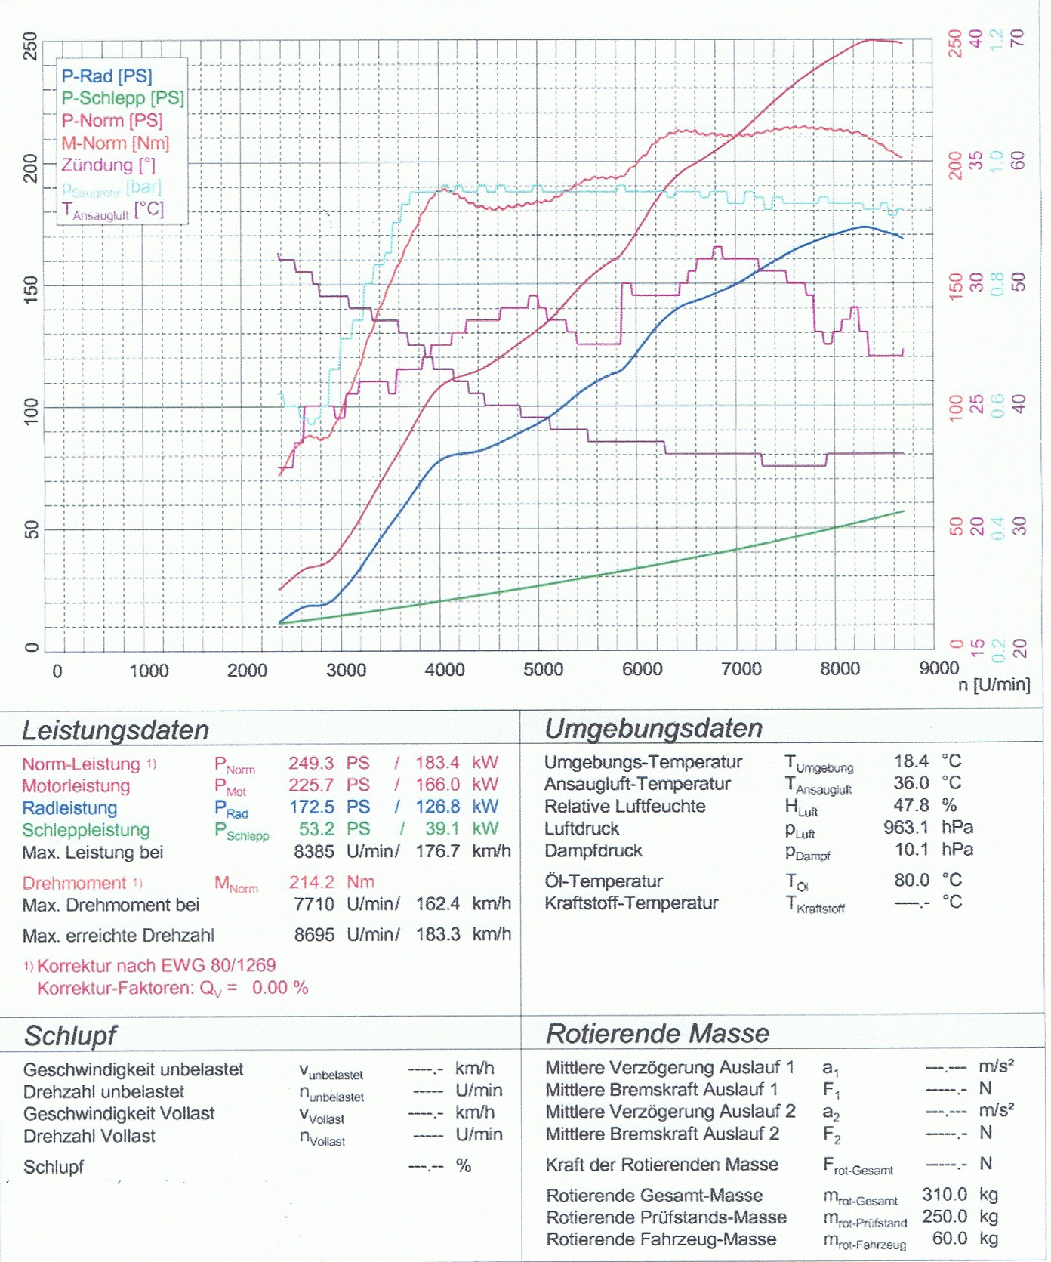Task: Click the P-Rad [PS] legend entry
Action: (106, 76)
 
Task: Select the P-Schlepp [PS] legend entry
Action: (122, 98)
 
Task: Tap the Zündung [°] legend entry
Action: (108, 165)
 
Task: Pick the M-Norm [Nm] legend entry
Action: (115, 143)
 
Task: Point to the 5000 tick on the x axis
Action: (543, 670)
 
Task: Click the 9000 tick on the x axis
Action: (939, 668)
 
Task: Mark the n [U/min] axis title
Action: (994, 685)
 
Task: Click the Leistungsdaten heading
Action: (115, 730)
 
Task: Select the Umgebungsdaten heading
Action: (653, 728)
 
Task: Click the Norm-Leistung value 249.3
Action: (311, 763)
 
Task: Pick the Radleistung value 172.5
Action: (312, 807)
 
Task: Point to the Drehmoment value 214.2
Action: (311, 882)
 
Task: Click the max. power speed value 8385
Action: (314, 852)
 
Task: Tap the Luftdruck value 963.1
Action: (906, 828)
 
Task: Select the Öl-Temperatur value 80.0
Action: (911, 880)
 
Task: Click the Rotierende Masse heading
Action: (657, 1033)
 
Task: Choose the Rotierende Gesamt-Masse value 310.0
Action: (945, 1195)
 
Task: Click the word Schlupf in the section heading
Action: (70, 1036)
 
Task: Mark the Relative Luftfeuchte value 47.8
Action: (911, 805)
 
